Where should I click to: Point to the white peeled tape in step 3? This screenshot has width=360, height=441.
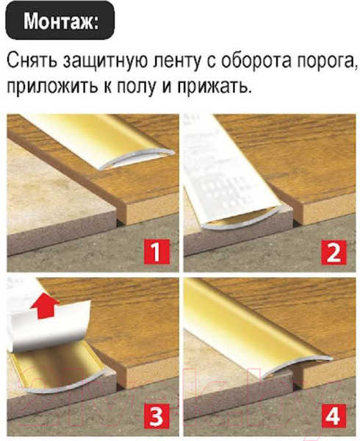(x=51, y=323)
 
